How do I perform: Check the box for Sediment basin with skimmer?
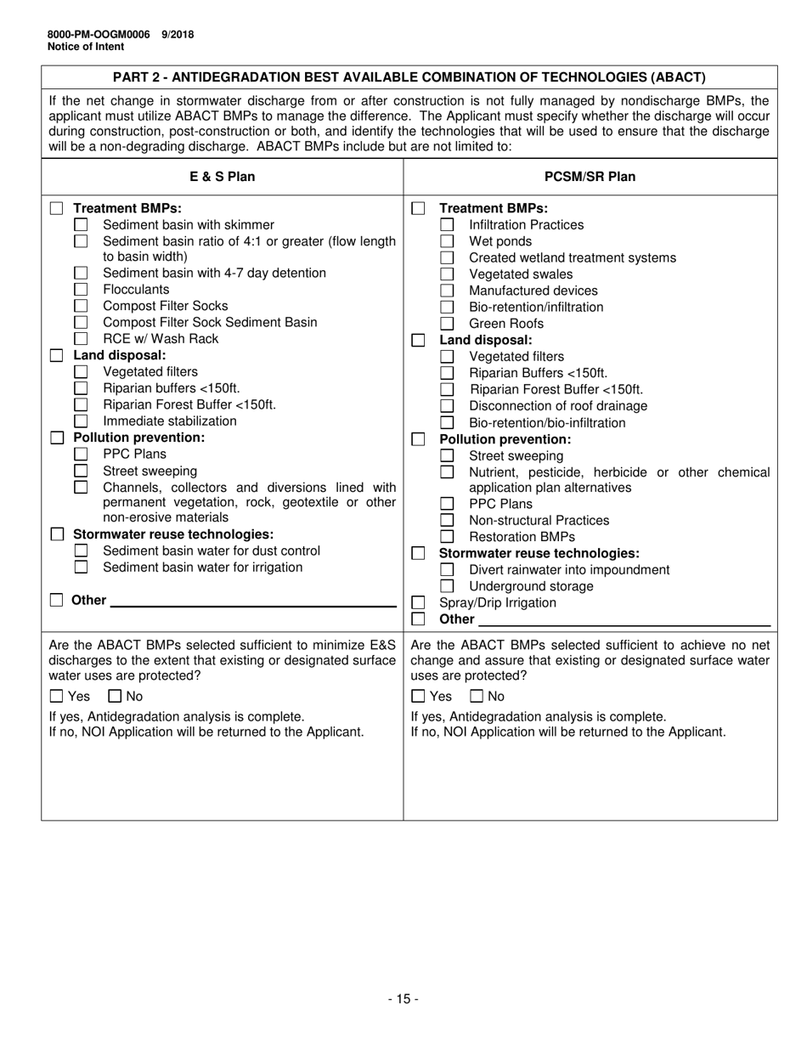[81, 225]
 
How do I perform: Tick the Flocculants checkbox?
[81, 290]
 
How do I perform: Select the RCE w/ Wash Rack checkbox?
[81, 339]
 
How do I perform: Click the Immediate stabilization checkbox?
[81, 421]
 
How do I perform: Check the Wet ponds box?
[447, 241]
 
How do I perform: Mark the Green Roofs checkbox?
[447, 324]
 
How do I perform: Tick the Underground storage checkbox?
[447, 586]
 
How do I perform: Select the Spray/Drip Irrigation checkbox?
[418, 603]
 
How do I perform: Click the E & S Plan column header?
[222, 177]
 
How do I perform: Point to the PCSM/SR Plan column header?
[590, 177]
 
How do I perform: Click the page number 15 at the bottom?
[403, 999]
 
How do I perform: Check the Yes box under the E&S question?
[57, 697]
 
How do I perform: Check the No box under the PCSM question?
[477, 697]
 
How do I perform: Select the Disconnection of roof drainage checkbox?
[447, 406]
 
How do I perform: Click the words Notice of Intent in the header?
[86, 47]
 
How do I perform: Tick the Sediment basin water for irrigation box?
[81, 568]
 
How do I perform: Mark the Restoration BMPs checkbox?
[447, 537]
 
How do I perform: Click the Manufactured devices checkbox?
[447, 291]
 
